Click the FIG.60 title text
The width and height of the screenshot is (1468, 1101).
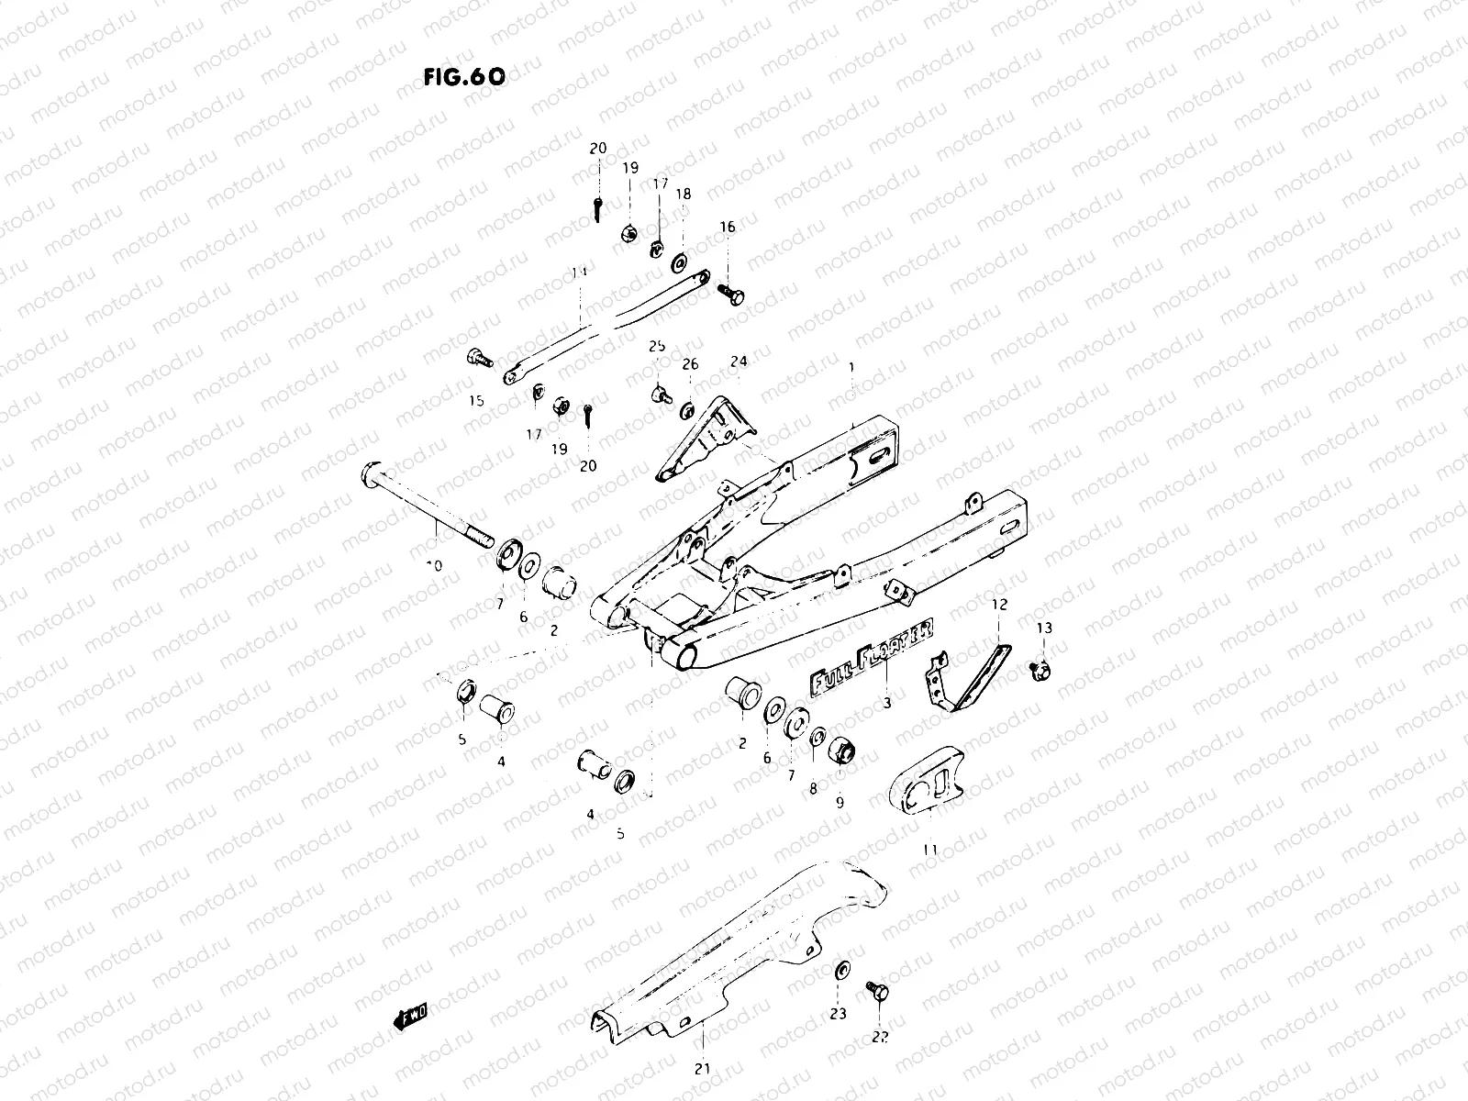(464, 76)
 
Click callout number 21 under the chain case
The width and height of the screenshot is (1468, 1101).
(702, 1067)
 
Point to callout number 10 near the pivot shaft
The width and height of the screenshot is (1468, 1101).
(434, 566)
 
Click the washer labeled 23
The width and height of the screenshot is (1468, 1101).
(841, 970)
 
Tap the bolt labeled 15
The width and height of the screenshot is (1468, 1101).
(476, 357)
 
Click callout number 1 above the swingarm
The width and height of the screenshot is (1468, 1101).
(851, 367)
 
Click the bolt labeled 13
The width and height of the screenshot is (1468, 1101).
(1041, 670)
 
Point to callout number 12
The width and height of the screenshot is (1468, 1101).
(999, 605)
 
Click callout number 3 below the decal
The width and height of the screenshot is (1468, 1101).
(887, 703)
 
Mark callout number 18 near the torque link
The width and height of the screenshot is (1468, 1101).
(684, 195)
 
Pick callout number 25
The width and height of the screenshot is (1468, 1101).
(657, 346)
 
